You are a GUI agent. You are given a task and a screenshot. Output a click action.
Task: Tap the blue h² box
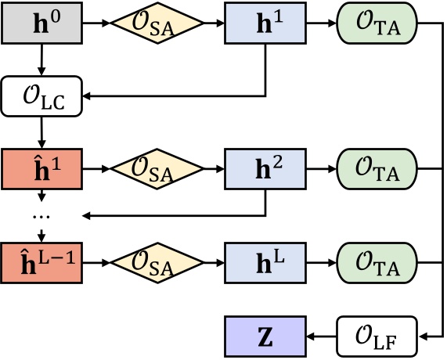pyautogui.click(x=265, y=168)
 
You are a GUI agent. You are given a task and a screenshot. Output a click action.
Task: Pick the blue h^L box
pyautogui.click(x=265, y=257)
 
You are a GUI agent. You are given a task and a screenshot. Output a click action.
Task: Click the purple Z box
pyautogui.click(x=265, y=337)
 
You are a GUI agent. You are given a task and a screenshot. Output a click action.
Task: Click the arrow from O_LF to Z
pyautogui.click(x=321, y=337)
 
